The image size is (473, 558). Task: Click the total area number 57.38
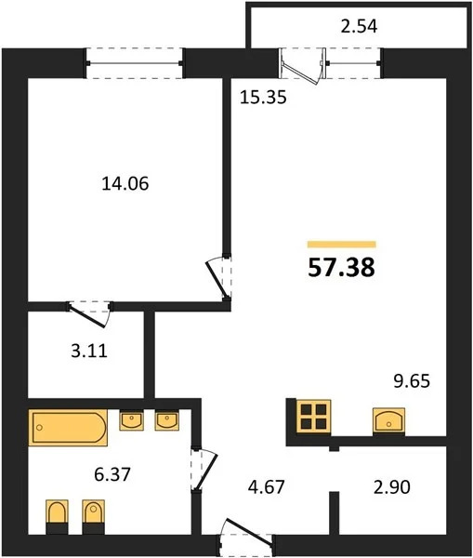click(341, 269)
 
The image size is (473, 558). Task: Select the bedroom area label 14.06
click(125, 184)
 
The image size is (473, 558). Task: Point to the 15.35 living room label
click(256, 98)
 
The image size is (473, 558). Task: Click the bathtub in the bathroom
click(66, 430)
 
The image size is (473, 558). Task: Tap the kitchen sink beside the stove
click(388, 421)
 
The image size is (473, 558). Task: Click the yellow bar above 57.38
click(341, 245)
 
